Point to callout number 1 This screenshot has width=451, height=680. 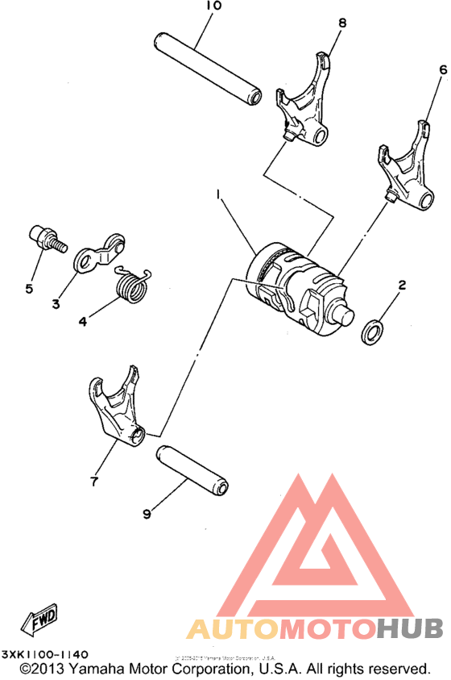pos(217,194)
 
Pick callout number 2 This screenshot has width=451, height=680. pos(401,285)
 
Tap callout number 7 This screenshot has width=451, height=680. pos(93,482)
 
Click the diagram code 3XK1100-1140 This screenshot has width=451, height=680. pos(45,654)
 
